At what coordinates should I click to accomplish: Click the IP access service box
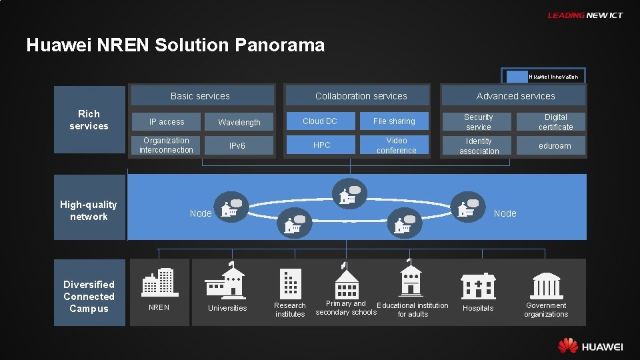167,122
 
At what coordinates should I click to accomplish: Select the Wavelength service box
239,122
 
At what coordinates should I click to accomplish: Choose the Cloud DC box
321,121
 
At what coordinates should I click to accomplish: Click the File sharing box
395,121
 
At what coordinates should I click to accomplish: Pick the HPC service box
321,145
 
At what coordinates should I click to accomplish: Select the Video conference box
396,145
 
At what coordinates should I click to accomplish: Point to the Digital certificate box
555,122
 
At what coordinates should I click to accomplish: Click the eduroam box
555,146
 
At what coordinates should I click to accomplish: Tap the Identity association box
479,146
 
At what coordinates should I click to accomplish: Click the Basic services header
201,96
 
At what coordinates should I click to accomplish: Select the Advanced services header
515,96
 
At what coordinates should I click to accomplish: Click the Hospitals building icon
478,285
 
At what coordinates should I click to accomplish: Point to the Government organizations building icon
546,285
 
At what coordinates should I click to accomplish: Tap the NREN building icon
157,283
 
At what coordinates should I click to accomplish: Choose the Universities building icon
226,280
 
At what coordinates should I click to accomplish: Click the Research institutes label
290,310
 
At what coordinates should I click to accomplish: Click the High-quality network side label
89,211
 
